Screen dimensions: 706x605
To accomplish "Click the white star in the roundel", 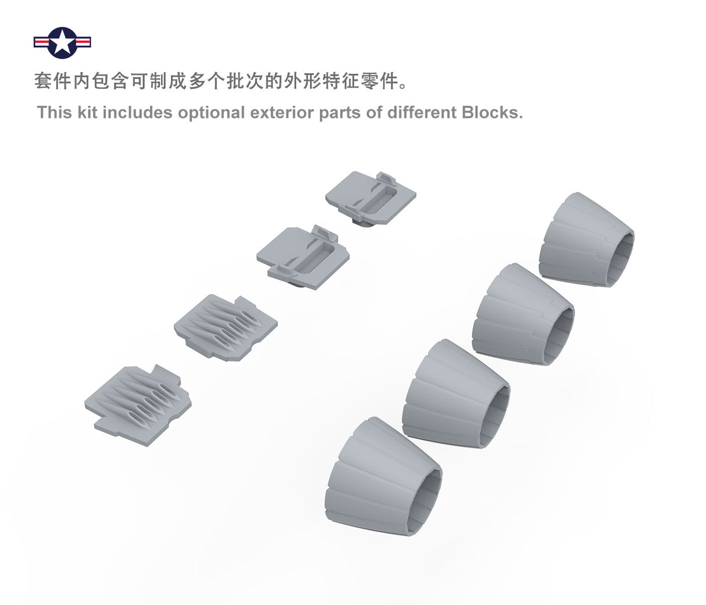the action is (62, 42).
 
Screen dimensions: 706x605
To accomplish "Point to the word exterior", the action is (282, 112).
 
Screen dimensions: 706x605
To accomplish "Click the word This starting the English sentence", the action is (54, 112).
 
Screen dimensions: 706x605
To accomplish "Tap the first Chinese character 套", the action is (43, 81).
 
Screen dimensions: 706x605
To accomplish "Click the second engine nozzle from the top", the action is (523, 314).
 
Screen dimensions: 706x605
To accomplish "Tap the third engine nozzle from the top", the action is (457, 393).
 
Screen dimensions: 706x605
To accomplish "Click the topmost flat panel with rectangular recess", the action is (370, 199).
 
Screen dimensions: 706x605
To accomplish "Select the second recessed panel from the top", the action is (303, 257).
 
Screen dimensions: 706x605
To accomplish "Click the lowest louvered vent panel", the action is (138, 405).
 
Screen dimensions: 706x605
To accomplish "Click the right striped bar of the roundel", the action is (83, 42).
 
